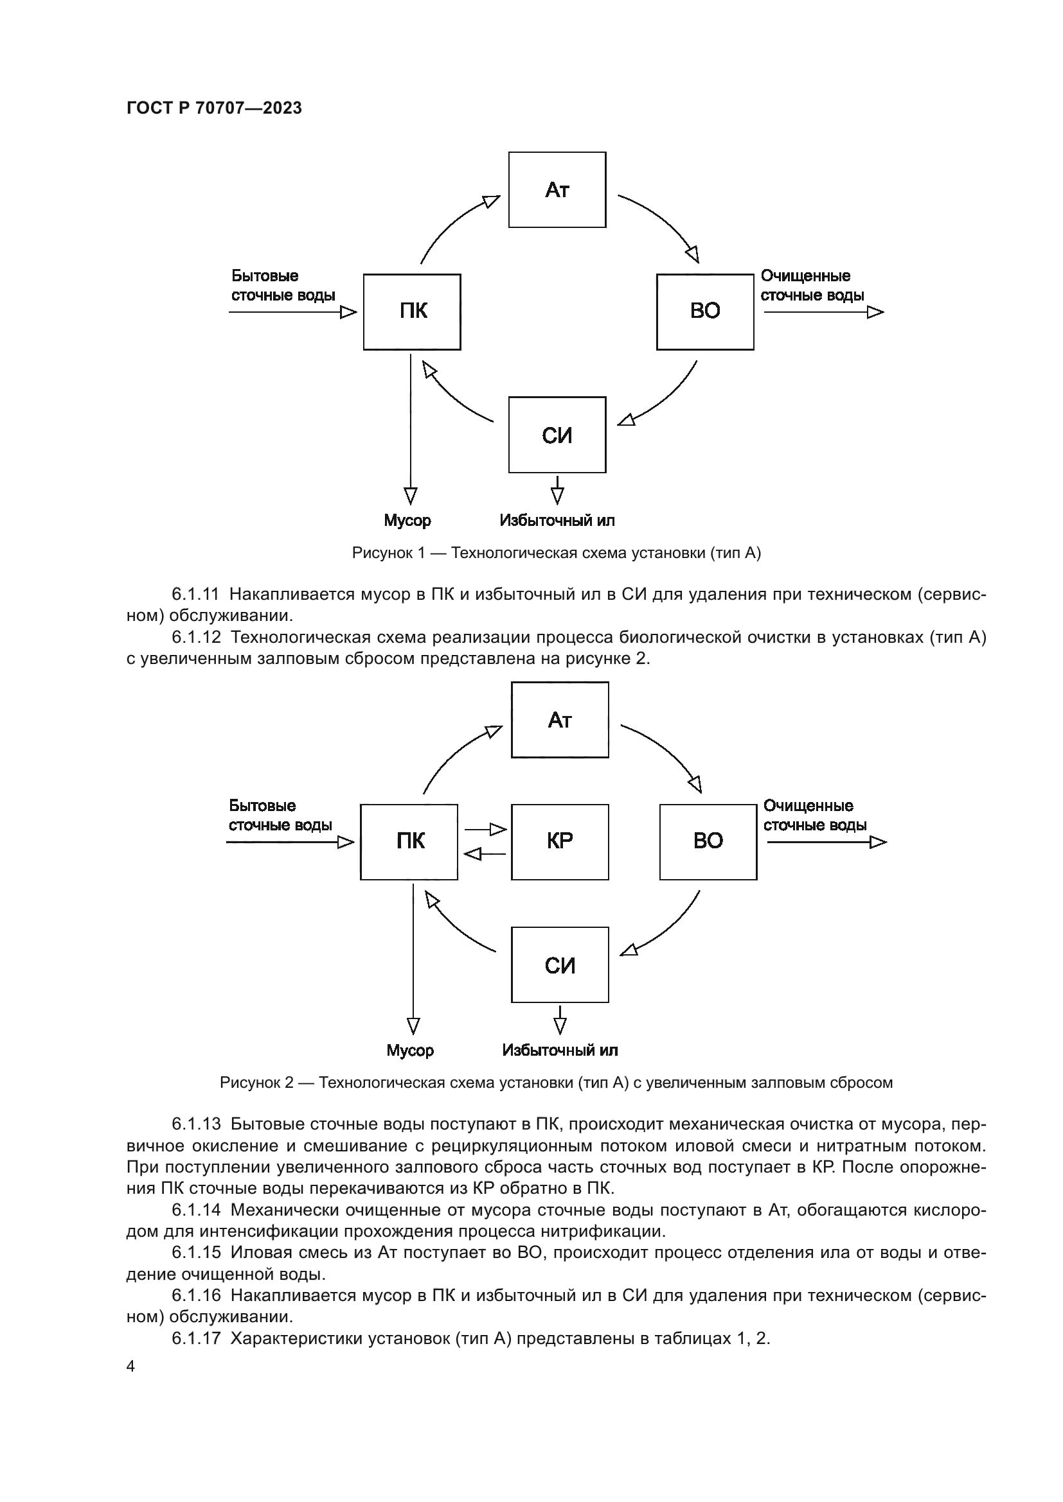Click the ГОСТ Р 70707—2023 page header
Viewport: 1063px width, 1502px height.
click(x=214, y=108)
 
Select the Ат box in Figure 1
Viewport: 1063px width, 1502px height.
click(x=557, y=189)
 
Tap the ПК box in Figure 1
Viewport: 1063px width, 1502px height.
click(x=412, y=311)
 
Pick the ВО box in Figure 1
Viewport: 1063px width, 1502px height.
click(x=705, y=311)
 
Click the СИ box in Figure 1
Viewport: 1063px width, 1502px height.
click(x=557, y=434)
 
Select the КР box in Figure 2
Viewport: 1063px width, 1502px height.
click(x=560, y=841)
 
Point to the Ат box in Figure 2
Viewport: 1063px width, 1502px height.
click(x=560, y=720)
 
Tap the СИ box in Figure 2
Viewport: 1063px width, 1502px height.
click(x=560, y=965)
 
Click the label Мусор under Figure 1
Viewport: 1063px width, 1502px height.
click(x=407, y=521)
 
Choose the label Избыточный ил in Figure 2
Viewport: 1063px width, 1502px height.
click(x=560, y=1051)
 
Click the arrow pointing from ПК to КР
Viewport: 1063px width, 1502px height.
click(x=486, y=830)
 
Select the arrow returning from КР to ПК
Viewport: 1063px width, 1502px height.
click(x=485, y=853)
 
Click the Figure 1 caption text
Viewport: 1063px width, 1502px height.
click(x=557, y=553)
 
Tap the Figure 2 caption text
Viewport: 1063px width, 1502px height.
click(x=557, y=1083)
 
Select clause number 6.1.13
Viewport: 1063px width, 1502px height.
click(x=197, y=1124)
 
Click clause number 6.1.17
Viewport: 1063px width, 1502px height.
click(x=197, y=1338)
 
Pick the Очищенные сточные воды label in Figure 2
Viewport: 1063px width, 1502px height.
click(x=815, y=815)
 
